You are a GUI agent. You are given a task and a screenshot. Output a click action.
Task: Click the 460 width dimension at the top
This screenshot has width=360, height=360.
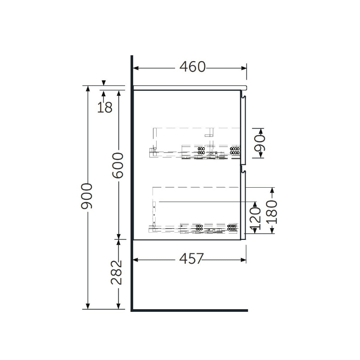click(193, 67)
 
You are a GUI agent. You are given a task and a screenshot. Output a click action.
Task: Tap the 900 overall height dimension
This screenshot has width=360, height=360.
click(87, 196)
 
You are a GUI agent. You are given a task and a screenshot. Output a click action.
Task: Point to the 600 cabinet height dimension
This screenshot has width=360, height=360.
click(118, 165)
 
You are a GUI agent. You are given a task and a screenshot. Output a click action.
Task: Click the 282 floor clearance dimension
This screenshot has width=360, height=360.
click(117, 273)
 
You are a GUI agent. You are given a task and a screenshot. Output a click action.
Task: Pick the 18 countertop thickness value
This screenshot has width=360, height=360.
click(105, 107)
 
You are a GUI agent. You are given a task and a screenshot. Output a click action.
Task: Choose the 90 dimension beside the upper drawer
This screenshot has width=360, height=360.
click(260, 143)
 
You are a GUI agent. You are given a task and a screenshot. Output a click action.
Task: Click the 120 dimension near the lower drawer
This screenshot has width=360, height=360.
click(256, 218)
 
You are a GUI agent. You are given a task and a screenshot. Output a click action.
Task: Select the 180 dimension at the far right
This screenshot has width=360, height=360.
click(272, 212)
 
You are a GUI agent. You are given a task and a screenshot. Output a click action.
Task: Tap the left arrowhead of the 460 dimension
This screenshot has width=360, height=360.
click(136, 68)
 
